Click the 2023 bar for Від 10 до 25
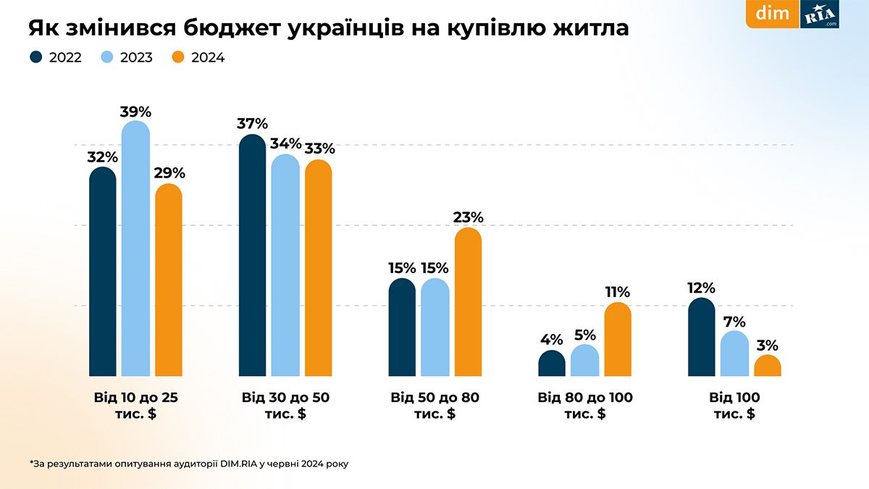pos(135,250)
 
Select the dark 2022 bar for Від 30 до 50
pos(252,257)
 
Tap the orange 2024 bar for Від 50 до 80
pos(468,303)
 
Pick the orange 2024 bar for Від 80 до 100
pos(618,340)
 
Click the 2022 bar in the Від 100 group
pos(701,338)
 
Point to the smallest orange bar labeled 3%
pos(768,367)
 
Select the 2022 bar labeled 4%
pos(552,364)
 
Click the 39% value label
pos(135,112)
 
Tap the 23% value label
pos(468,217)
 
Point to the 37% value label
pos(252,124)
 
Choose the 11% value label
pos(618,293)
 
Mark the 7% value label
pos(734,321)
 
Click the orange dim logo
pos(772,14)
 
